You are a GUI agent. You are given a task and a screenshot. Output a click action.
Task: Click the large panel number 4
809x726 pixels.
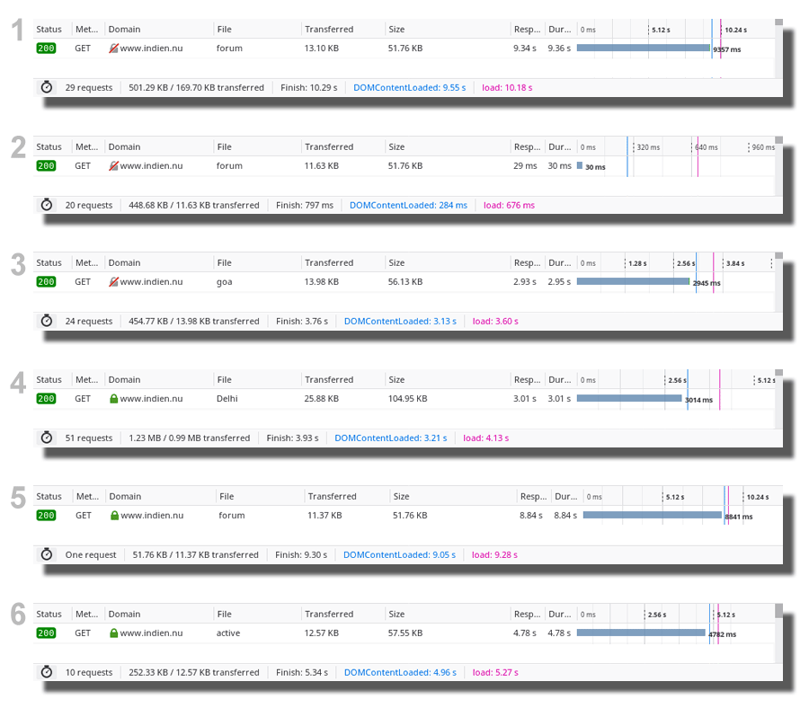18,383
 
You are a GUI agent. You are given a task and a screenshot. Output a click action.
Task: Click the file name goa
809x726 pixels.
224,282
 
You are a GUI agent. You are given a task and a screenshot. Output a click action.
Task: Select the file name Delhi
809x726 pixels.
227,399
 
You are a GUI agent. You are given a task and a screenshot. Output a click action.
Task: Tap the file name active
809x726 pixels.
228,633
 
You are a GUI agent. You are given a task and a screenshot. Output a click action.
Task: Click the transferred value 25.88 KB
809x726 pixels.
322,399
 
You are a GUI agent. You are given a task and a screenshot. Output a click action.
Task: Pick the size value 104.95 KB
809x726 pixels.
408,399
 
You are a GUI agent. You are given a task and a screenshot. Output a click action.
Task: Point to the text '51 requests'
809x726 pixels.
89,438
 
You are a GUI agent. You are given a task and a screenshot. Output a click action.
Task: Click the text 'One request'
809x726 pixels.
91,555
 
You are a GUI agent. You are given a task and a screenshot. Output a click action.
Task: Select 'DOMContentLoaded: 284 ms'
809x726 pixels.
408,206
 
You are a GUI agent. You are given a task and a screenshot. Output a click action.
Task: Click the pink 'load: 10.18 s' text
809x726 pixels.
507,88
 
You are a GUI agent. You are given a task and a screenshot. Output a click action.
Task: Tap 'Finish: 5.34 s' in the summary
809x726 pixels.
302,673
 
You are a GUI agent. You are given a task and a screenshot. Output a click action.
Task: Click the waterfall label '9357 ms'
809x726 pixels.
726,49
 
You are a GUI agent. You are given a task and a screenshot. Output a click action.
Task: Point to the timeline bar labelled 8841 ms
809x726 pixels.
652,516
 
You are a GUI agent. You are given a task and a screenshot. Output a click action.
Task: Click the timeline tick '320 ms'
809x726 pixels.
647,147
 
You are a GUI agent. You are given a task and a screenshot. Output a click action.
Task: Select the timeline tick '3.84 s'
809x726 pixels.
735,264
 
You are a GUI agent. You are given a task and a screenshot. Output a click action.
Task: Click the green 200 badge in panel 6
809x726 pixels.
46,633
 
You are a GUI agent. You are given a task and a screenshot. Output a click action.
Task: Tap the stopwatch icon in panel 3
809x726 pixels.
47,322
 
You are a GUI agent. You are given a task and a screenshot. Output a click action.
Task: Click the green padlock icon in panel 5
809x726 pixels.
114,516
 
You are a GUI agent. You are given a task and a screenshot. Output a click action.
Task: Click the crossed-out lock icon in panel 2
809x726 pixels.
114,166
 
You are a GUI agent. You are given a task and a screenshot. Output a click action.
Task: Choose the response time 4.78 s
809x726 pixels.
524,633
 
